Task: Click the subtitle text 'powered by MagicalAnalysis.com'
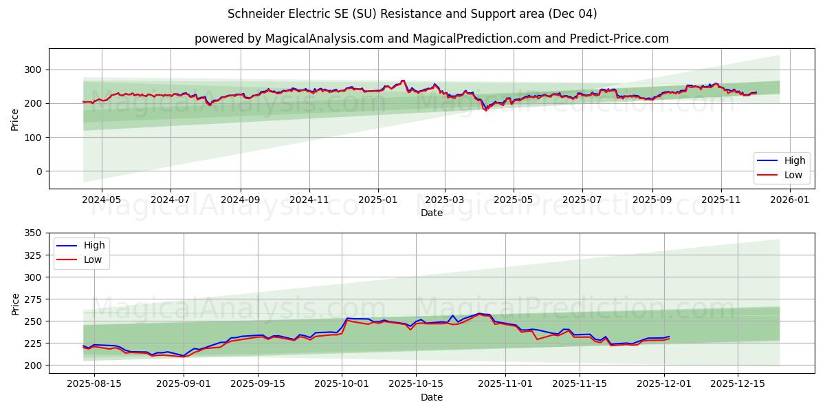click(x=289, y=39)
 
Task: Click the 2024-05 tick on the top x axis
click(x=102, y=199)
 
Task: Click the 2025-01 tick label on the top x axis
click(x=378, y=199)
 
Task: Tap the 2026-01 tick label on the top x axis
click(x=790, y=199)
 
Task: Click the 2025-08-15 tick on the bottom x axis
click(x=95, y=383)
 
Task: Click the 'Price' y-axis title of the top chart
click(x=15, y=119)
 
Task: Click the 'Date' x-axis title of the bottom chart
click(x=431, y=397)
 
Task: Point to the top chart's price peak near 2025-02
click(x=403, y=81)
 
